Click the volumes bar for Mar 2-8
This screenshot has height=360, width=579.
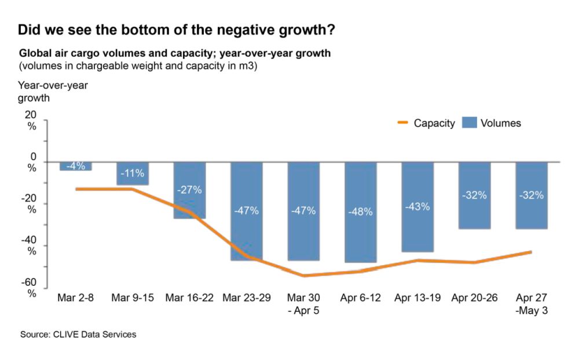[76, 166]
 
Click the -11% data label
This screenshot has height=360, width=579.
[133, 172]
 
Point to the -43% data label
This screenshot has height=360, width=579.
[417, 206]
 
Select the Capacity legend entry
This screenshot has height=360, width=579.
[426, 123]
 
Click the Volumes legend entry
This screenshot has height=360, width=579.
[492, 123]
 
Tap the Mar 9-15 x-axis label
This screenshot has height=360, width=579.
[133, 298]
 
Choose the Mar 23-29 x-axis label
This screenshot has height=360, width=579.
[247, 298]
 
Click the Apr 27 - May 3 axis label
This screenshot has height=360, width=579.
[532, 304]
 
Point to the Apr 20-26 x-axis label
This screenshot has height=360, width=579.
[474, 298]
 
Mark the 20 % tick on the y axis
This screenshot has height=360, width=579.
[31, 120]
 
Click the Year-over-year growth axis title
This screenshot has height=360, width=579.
[53, 91]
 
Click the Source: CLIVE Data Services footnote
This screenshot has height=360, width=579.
[78, 335]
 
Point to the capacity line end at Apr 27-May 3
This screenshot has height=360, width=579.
[532, 252]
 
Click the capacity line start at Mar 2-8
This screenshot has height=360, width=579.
[76, 189]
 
